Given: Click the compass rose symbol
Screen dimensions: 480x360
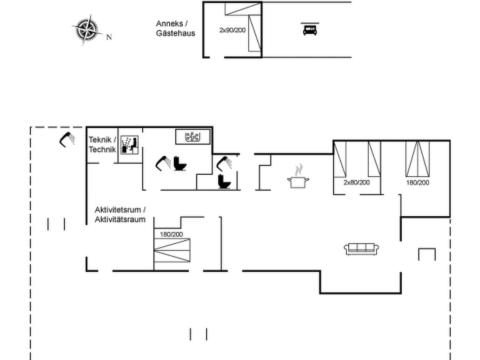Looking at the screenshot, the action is (87, 30).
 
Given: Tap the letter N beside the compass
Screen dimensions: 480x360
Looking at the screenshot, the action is (109, 37).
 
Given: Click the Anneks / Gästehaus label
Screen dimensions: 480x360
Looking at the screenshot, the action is (175, 28).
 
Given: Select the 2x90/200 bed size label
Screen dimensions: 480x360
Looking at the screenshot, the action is (232, 30).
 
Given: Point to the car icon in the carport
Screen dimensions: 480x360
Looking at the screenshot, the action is (310, 30).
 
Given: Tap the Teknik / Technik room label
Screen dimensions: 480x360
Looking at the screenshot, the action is (102, 145).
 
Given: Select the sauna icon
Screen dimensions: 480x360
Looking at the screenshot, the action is (130, 145).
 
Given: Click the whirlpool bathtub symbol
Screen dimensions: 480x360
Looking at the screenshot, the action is (193, 136).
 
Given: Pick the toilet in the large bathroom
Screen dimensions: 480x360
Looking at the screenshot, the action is (180, 163).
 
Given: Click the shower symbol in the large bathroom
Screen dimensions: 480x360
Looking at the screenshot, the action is (163, 163).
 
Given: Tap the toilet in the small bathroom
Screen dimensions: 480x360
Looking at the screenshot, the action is (224, 181).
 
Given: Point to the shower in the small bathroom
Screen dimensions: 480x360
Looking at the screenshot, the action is (224, 163).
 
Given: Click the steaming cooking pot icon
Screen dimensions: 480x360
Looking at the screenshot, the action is (298, 176).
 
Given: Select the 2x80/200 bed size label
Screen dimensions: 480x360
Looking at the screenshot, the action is (357, 182).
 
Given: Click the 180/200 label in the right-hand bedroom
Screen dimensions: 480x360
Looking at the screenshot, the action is (418, 182).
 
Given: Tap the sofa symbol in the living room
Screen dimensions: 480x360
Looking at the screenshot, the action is (361, 249).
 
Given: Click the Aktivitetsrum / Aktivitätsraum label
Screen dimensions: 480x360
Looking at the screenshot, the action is (120, 214).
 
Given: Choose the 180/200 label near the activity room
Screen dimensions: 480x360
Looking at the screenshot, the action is (171, 234).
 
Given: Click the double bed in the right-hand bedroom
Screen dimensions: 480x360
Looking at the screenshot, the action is (418, 159).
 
